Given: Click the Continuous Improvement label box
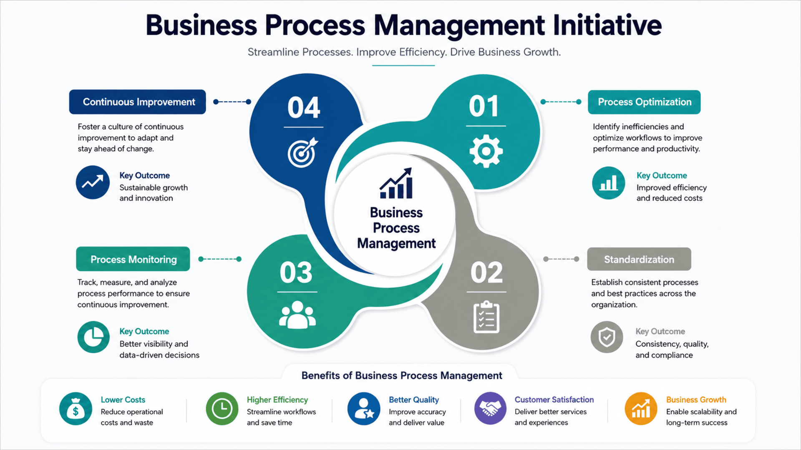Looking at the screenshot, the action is click(137, 102).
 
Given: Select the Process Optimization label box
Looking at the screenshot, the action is click(644, 102).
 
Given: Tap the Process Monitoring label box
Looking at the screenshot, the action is click(133, 259).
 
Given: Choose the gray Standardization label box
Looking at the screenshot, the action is click(639, 259).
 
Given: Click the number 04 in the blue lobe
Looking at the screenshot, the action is click(304, 107).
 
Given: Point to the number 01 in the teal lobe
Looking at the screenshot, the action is click(484, 106).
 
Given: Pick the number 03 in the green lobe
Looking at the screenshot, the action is click(296, 272).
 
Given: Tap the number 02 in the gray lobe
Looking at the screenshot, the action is click(486, 272).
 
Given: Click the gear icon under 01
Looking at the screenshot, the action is click(486, 151).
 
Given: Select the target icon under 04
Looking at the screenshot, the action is click(302, 152).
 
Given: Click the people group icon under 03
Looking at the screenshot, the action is click(297, 315).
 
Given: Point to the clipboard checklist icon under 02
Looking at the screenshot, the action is click(486, 317).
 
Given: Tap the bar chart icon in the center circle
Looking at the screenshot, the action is click(396, 183).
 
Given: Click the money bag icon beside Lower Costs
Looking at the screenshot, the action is click(76, 408).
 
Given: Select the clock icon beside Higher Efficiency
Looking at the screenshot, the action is click(222, 408).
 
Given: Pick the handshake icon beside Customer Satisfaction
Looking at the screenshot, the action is click(490, 408).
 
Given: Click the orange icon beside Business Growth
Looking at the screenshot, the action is click(641, 408).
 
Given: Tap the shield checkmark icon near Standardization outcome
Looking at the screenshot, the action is click(607, 337).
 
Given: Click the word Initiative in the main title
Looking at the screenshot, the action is click(607, 25).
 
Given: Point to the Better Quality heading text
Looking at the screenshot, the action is click(414, 400).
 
